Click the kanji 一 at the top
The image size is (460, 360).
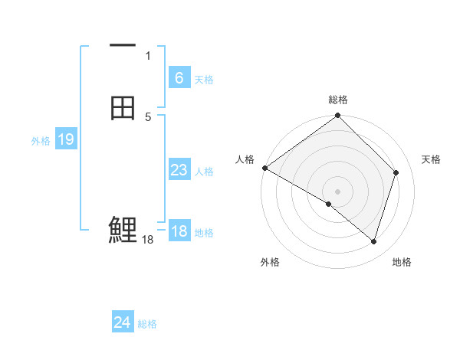click(x=123, y=46)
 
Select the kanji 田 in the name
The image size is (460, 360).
click(x=123, y=108)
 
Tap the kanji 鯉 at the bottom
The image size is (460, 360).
click(x=123, y=229)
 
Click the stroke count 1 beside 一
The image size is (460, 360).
click(x=148, y=55)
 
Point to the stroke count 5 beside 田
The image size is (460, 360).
click(x=148, y=116)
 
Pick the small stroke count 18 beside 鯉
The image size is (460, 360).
click(x=148, y=240)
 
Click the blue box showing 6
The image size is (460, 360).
click(x=179, y=77)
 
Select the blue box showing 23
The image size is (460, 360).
click(x=179, y=170)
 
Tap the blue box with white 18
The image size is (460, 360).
click(x=179, y=231)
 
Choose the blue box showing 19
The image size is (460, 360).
click(x=66, y=139)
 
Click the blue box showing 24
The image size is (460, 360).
click(x=122, y=322)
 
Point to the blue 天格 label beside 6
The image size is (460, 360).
click(x=204, y=80)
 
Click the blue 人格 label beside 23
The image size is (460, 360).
click(x=204, y=172)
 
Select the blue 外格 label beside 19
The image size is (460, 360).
click(x=41, y=141)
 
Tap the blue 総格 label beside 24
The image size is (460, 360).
click(x=147, y=324)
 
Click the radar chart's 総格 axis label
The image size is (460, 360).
click(x=338, y=100)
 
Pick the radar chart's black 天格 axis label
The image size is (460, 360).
click(x=431, y=159)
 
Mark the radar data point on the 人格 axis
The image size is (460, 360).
click(x=264, y=168)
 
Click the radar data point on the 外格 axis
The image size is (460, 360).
click(x=329, y=204)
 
